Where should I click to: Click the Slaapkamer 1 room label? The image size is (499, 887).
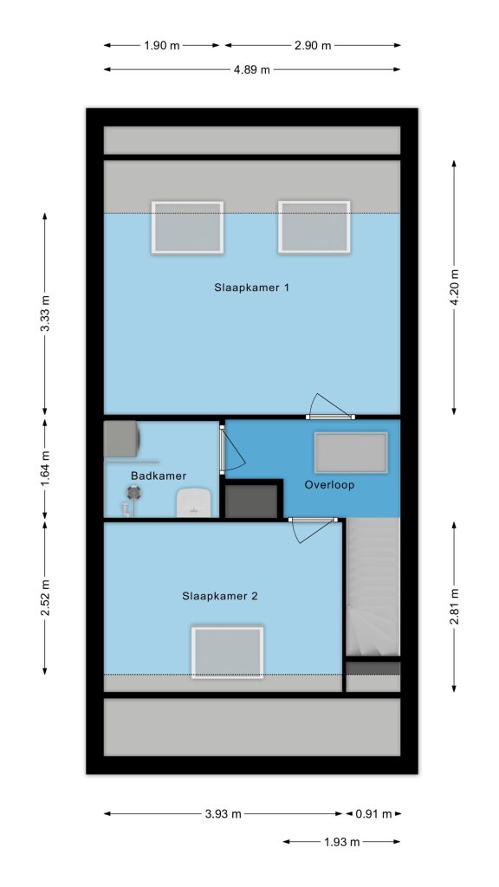[x=252, y=288]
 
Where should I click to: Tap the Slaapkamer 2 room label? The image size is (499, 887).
[x=220, y=596]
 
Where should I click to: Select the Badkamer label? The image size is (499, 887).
[x=159, y=476]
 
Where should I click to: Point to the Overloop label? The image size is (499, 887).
[x=329, y=485]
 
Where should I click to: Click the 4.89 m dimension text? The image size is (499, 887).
[x=252, y=69]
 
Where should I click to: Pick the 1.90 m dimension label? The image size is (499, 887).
[x=162, y=46]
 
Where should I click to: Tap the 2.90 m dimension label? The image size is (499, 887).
[x=313, y=46]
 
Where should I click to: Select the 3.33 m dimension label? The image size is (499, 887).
[x=45, y=314]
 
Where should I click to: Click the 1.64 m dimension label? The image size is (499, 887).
[x=45, y=469]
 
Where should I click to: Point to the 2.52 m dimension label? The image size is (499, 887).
[x=45, y=598]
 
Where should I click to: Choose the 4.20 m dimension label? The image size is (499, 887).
[x=454, y=288]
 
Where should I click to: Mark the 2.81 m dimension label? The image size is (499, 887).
[x=454, y=606]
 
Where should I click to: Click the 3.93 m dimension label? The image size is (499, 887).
[x=223, y=814]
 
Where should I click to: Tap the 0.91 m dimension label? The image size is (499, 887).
[x=373, y=814]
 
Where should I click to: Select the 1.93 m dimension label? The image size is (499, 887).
[x=341, y=842]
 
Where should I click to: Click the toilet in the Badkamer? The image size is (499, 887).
[x=193, y=503]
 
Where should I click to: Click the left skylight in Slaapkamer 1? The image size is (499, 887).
[x=187, y=228]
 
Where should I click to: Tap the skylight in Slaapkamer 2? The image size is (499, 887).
[x=228, y=651]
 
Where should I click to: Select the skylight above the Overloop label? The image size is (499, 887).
[x=352, y=452]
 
